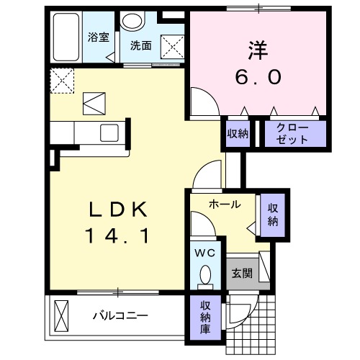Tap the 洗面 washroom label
140,45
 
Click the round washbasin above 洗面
132,21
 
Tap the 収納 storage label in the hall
273,215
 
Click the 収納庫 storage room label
205,317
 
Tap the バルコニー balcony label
120,315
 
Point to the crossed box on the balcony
62,315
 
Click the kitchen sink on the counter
110,132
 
